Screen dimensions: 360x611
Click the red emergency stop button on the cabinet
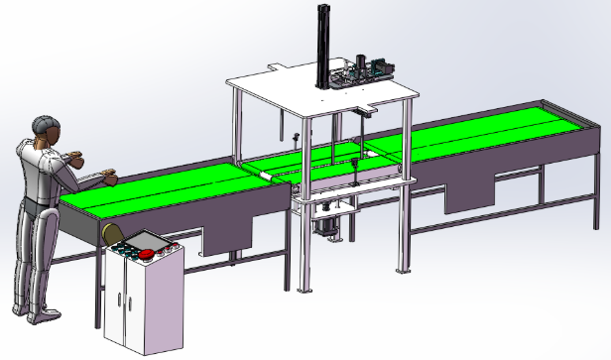[x=150, y=255]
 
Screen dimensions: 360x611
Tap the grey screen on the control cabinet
[x=147, y=241]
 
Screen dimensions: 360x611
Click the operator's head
[x=44, y=128]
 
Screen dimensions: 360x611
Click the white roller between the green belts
[x=267, y=174]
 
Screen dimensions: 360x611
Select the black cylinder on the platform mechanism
[x=382, y=67]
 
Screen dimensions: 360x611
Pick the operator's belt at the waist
[x=36, y=202]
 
